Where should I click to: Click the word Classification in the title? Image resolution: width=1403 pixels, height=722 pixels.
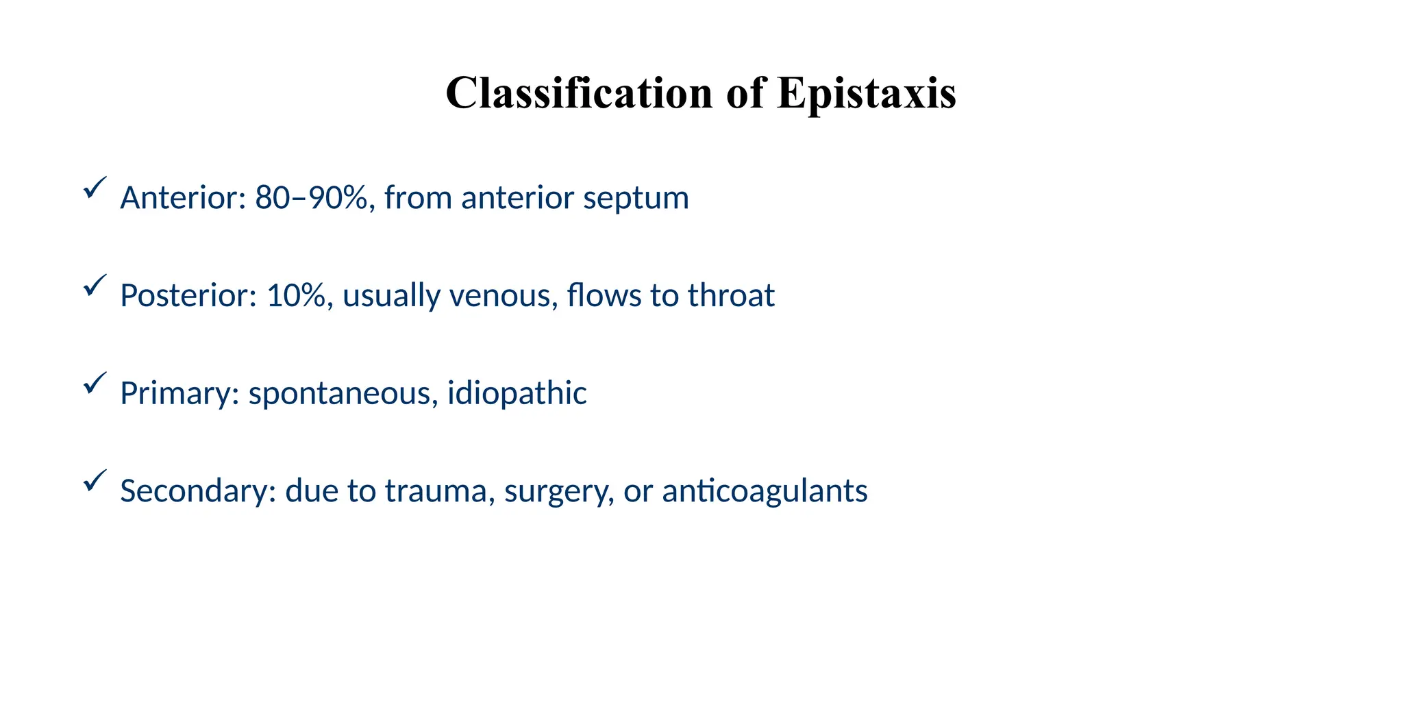[x=579, y=93]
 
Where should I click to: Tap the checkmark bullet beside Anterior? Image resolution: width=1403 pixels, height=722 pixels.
[x=94, y=188]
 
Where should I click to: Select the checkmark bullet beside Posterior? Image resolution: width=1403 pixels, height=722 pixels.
[x=94, y=285]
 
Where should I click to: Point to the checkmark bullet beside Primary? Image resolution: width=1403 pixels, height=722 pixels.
[x=94, y=383]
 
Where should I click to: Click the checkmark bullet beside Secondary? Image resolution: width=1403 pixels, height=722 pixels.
[x=94, y=480]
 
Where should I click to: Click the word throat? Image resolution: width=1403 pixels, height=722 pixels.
[x=731, y=296]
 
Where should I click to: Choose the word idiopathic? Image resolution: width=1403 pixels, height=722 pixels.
[x=517, y=394]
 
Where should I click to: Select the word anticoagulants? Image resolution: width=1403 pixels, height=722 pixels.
[x=765, y=491]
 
